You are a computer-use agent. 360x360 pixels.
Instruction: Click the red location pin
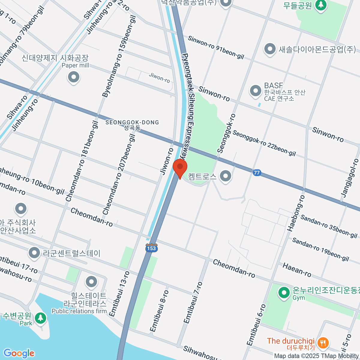point(180,167)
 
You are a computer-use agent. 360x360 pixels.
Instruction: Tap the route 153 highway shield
point(151,248)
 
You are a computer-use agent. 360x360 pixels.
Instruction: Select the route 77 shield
point(256,172)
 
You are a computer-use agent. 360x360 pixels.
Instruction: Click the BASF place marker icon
point(256,91)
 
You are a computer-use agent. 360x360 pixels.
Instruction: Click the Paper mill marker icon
point(73,77)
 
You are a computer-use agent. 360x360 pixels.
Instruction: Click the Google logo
point(19,353)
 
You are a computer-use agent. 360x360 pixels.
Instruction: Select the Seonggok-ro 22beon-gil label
point(264,143)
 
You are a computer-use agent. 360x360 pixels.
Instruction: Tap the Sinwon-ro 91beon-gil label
point(216,47)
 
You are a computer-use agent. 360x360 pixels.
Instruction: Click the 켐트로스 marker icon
point(225,176)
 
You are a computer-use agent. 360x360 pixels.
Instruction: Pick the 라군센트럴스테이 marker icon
point(34,253)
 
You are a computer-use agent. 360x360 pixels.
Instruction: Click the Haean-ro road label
point(297,270)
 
